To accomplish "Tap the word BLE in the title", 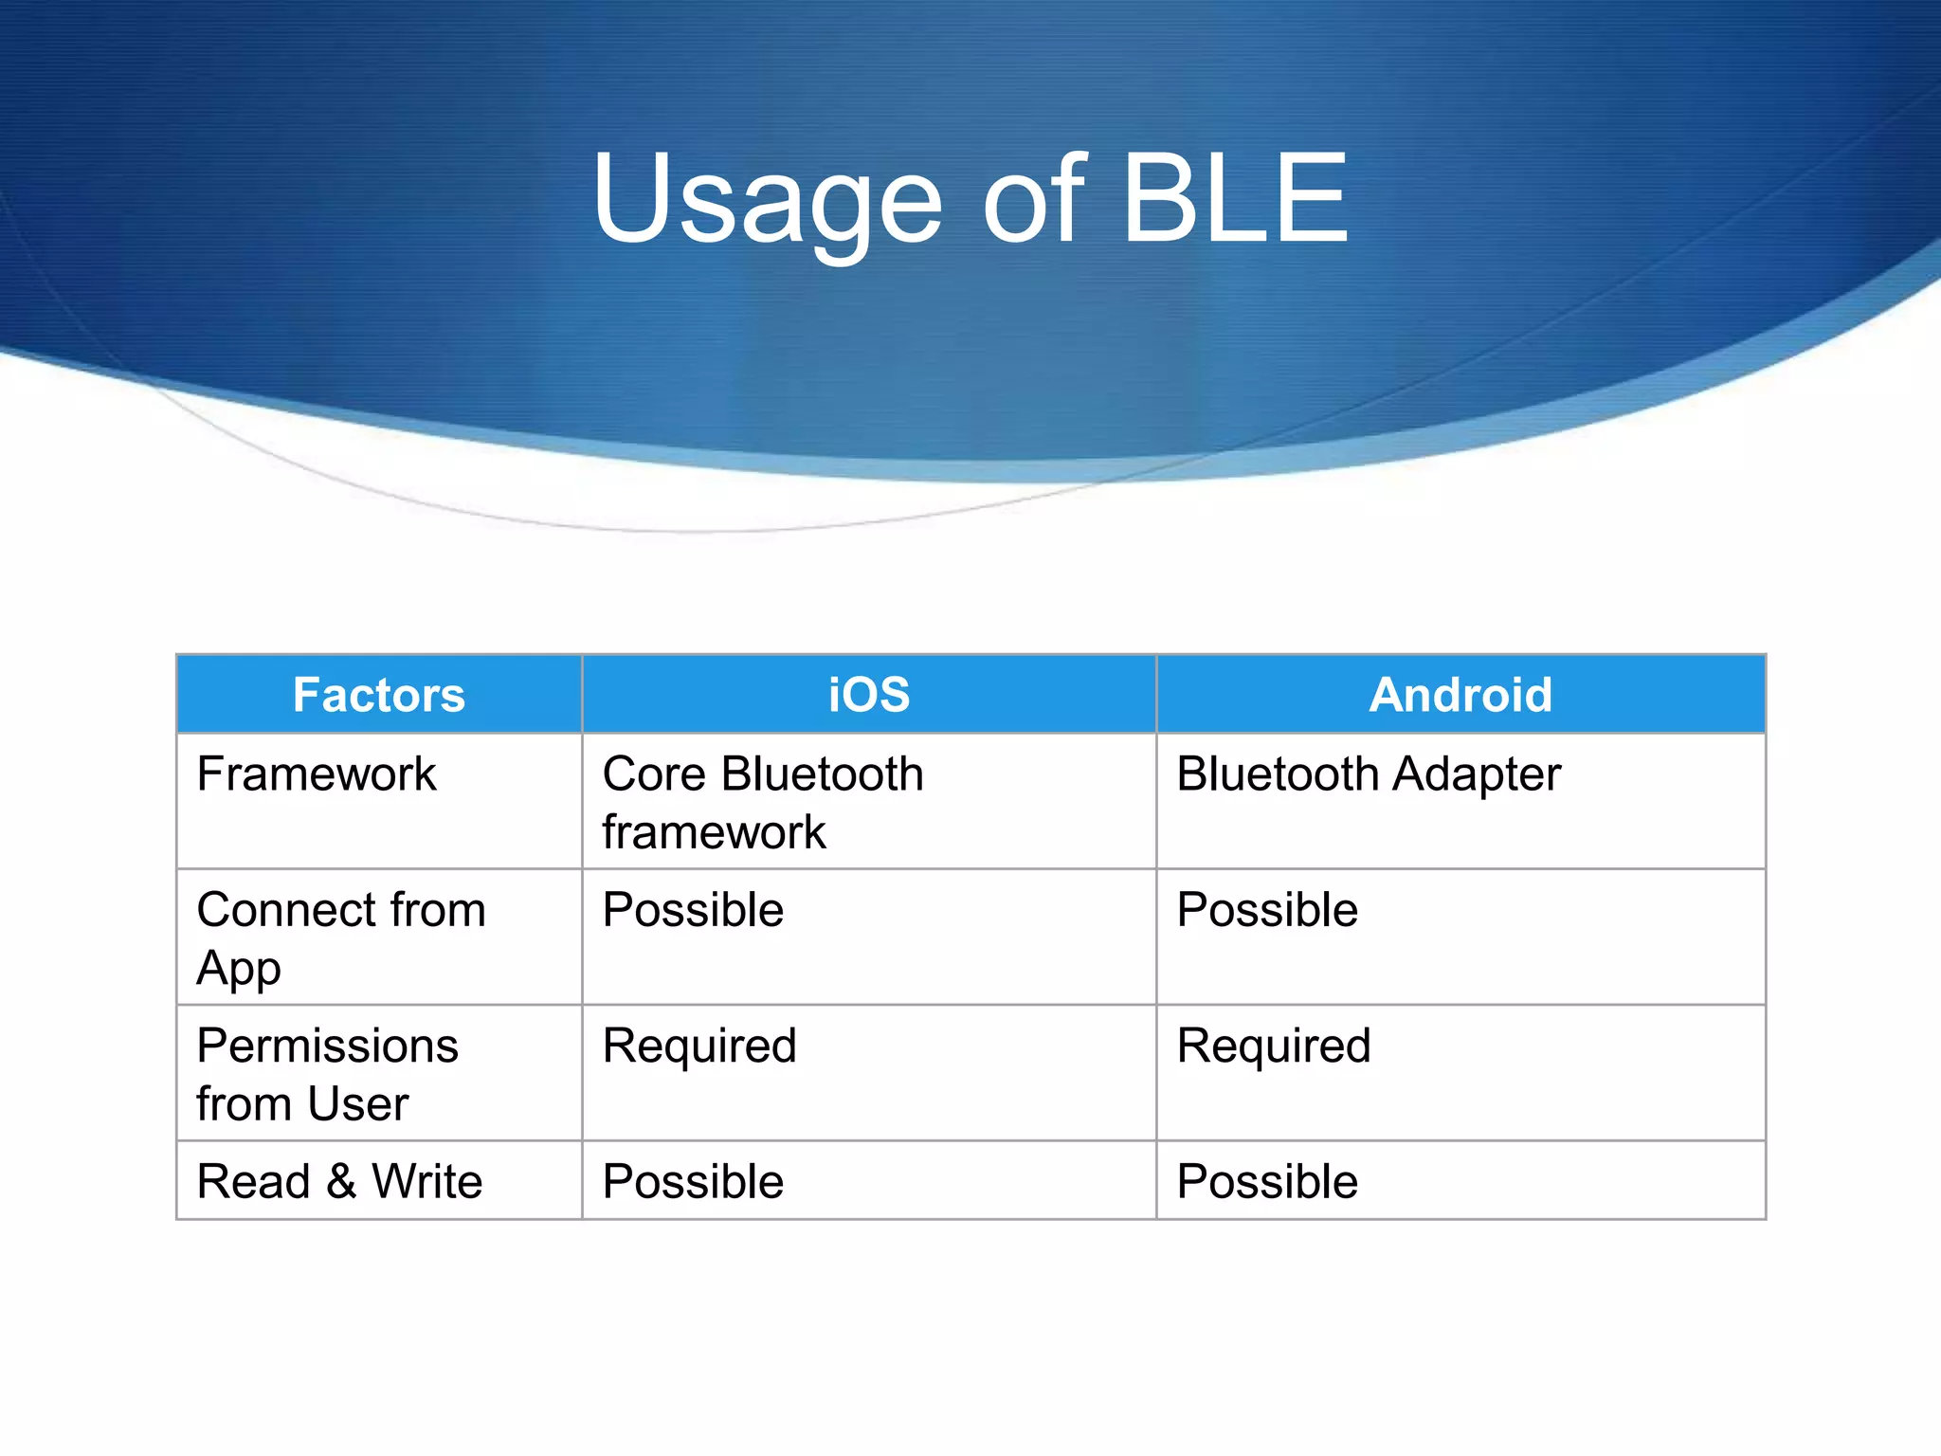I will point(1234,199).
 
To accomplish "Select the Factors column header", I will point(378,695).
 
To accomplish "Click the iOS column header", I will point(868,695).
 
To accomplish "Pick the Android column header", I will point(1460,695).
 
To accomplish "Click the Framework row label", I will point(316,774).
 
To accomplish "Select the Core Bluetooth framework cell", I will point(763,802).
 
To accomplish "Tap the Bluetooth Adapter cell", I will point(1368,774).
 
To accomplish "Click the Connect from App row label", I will point(340,937).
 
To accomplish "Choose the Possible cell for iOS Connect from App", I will point(693,910).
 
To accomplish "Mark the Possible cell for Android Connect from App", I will point(1267,910).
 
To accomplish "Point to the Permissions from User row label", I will point(327,1074).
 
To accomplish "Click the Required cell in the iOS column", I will point(699,1046).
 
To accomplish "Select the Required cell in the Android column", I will point(1273,1046).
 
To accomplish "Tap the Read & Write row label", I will point(339,1182).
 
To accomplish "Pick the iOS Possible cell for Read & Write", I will point(693,1182).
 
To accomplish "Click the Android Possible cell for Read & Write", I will point(1267,1182).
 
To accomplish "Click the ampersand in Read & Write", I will point(341,1182).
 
